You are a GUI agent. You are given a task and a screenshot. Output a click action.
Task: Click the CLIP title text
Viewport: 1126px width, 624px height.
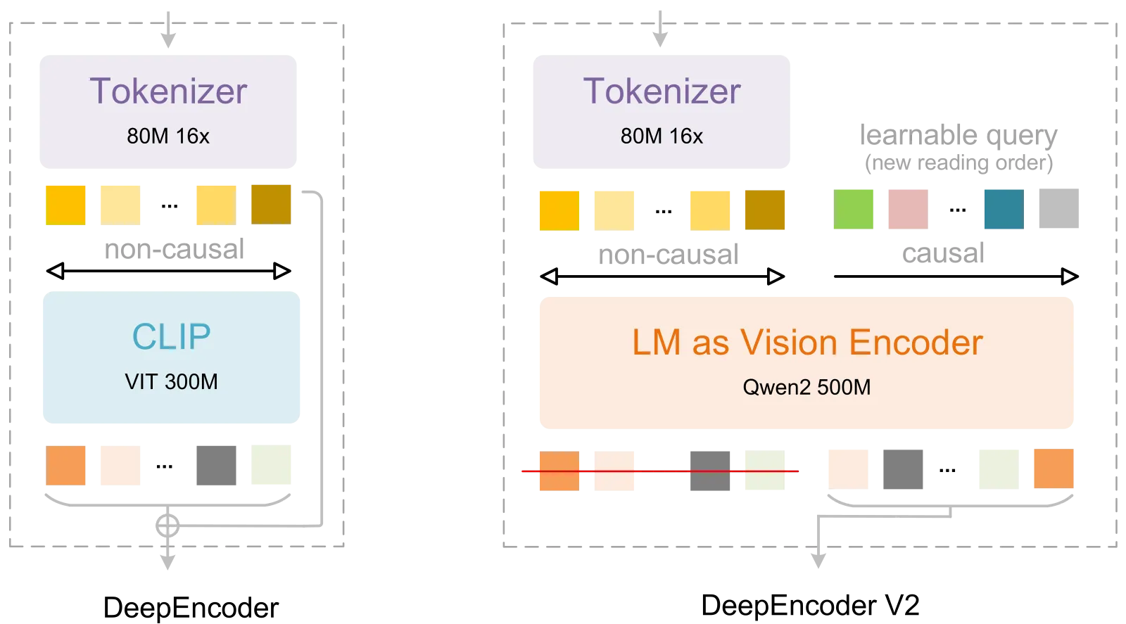(172, 336)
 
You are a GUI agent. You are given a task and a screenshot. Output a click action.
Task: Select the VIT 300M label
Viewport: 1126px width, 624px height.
(172, 382)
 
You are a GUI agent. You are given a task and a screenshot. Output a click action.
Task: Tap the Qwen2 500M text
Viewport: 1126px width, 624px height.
(806, 388)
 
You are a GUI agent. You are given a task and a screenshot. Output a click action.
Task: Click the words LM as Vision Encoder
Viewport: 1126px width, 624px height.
(807, 343)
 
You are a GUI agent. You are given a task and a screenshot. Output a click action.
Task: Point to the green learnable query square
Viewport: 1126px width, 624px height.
(854, 209)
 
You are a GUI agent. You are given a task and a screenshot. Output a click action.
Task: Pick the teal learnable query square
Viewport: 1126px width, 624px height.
(1004, 209)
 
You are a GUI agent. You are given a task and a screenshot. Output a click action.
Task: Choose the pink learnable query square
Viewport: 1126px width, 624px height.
(909, 209)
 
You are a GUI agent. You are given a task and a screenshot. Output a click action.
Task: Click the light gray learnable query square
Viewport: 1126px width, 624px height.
(1059, 208)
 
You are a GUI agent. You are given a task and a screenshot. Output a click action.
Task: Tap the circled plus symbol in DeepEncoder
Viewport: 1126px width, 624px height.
(167, 526)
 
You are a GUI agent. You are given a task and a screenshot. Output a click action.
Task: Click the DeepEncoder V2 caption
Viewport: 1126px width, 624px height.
(810, 605)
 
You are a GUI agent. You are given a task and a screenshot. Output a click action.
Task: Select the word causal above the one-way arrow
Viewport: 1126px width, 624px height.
(943, 253)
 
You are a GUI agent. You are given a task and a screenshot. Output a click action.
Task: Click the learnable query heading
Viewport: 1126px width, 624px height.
(959, 136)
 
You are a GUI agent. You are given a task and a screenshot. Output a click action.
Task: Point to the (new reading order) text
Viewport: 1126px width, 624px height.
(959, 163)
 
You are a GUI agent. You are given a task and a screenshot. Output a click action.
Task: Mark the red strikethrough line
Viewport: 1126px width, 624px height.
(660, 471)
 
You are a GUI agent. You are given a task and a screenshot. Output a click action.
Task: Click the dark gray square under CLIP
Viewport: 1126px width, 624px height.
(216, 465)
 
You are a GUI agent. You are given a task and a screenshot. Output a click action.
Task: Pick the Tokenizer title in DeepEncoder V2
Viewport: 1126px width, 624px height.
(662, 91)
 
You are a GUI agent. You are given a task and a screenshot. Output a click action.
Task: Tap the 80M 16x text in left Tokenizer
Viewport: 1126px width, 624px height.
(168, 136)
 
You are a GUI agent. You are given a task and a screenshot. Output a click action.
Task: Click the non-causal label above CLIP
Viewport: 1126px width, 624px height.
(175, 249)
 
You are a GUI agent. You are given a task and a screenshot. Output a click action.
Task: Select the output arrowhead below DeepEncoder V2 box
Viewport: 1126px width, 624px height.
(818, 561)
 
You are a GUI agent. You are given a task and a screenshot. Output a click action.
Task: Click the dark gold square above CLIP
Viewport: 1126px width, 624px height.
(271, 205)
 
